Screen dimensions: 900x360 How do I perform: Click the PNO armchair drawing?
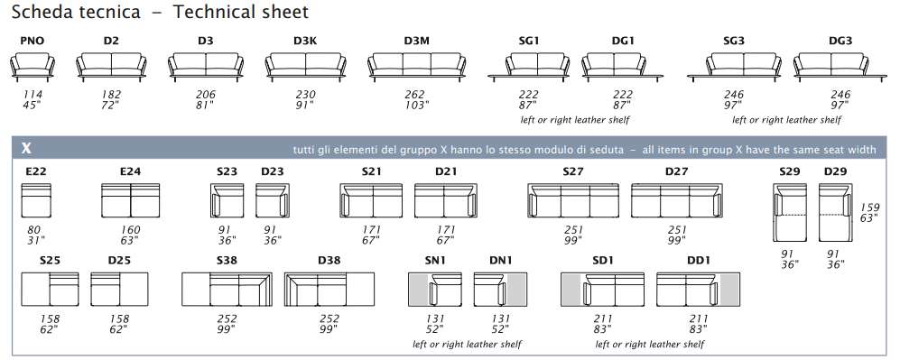point(32,65)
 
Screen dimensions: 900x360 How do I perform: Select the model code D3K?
point(305,41)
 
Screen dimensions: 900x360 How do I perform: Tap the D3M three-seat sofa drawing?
point(417,65)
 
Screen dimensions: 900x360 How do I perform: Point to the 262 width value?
point(414,95)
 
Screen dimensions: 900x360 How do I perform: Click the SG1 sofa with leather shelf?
point(529,65)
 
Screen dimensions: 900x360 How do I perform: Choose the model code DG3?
point(840,41)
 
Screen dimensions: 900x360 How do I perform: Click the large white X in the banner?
point(26,149)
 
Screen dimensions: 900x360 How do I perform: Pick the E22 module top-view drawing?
point(36,200)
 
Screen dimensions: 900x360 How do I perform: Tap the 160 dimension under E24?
point(130,230)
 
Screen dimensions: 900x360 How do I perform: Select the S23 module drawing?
point(227,200)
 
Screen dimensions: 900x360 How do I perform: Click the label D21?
point(446,171)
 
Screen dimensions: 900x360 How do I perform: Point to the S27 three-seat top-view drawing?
point(573,200)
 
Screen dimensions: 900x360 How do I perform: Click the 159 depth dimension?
point(869,208)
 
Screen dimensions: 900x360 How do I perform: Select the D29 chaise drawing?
point(835,212)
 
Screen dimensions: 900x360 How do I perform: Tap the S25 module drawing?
point(50,289)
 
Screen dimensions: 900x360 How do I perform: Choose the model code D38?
point(329,260)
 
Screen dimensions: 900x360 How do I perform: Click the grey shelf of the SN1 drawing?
point(419,289)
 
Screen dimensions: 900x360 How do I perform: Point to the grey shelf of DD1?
point(729,289)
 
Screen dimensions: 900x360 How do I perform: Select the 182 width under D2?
point(111,95)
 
